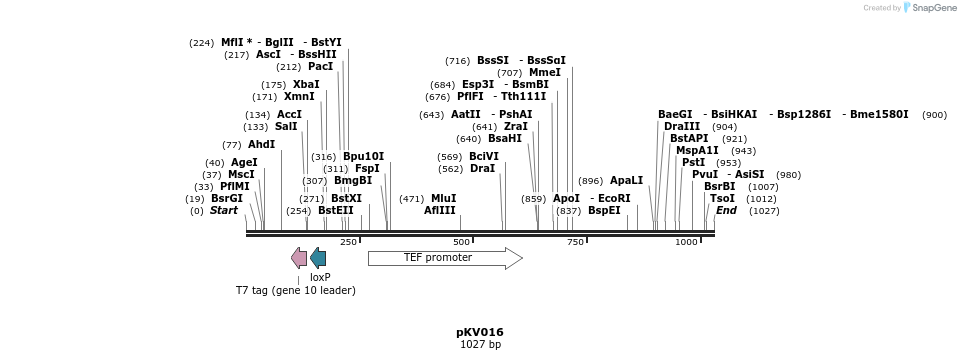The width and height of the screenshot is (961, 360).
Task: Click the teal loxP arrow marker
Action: tap(318, 258)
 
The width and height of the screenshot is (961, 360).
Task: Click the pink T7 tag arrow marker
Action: tap(299, 258)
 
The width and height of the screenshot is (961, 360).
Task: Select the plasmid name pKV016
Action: tap(480, 331)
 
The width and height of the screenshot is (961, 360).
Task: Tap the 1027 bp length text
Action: tap(480, 344)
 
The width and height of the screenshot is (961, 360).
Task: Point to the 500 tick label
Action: tap(461, 242)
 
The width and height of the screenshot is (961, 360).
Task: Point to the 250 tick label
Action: tap(348, 242)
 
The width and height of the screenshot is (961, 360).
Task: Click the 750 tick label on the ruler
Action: tap(575, 242)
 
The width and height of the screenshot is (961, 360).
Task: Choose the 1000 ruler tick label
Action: tap(686, 242)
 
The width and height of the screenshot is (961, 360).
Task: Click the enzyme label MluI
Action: tap(444, 198)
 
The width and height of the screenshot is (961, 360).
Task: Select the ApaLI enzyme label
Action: tap(627, 181)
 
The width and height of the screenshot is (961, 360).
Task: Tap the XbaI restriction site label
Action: tap(306, 85)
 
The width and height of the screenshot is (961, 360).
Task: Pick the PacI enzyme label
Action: tap(320, 67)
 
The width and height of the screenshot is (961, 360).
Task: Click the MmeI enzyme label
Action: tap(545, 73)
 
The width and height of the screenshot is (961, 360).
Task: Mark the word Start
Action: tap(224, 211)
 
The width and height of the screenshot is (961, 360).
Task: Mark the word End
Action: tap(726, 211)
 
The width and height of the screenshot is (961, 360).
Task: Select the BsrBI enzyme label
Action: tap(719, 187)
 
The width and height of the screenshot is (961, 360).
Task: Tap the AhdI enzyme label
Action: tap(262, 145)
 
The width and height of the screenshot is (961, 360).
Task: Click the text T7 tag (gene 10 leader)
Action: tap(295, 291)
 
